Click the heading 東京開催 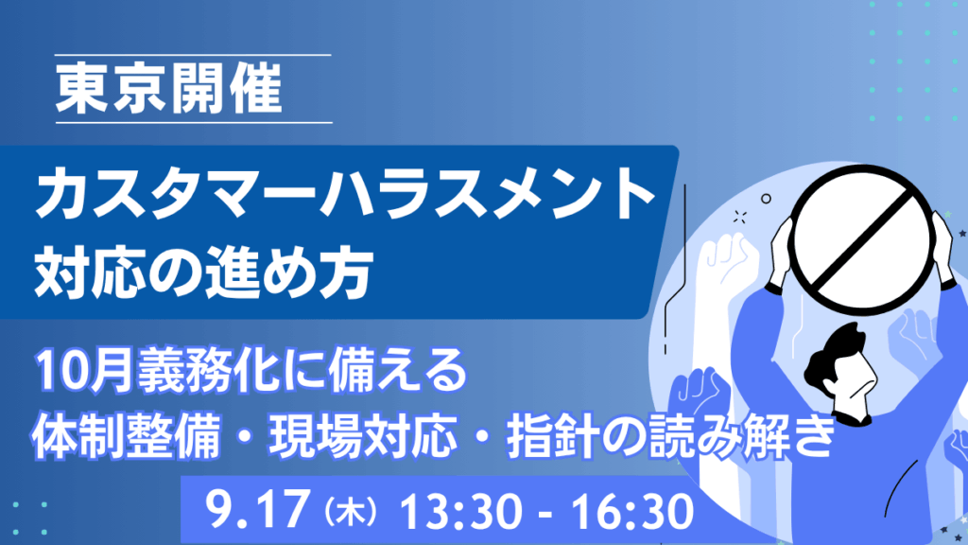(169, 89)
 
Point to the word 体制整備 (126, 437)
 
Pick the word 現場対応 (363, 437)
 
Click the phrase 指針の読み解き (671, 437)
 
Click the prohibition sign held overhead (861, 239)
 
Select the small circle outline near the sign (766, 199)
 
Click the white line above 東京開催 (193, 55)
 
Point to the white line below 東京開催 (194, 122)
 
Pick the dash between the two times (544, 514)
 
